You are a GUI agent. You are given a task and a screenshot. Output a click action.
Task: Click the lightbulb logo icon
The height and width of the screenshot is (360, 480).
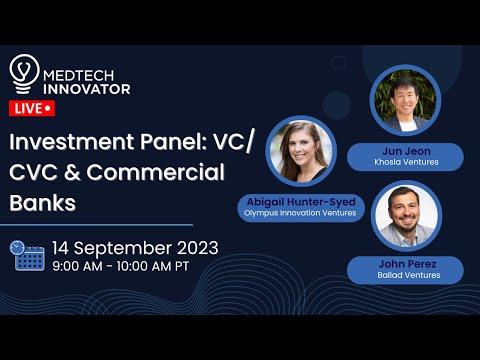pyautogui.click(x=24, y=74)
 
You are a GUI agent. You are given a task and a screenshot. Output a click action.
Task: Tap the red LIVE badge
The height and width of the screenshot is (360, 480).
pyautogui.click(x=32, y=108)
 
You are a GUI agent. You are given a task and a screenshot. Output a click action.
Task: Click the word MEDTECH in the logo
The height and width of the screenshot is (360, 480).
pyautogui.click(x=78, y=76)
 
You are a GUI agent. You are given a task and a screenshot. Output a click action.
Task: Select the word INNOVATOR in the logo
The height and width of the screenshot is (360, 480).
pyautogui.click(x=87, y=89)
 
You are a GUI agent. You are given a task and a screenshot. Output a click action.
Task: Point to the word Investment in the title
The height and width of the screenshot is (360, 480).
pyautogui.click(x=72, y=141)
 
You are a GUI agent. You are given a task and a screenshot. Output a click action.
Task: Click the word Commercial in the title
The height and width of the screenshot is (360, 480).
pyautogui.click(x=155, y=172)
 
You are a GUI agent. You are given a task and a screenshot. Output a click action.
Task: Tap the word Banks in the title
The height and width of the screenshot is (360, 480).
pyautogui.click(x=43, y=203)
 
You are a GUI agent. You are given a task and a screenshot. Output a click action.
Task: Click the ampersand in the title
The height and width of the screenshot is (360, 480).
pyautogui.click(x=72, y=172)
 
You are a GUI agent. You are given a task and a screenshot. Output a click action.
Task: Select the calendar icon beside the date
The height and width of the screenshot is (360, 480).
pyautogui.click(x=27, y=256)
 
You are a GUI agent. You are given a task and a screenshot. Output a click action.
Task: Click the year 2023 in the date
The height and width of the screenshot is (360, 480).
pyautogui.click(x=197, y=248)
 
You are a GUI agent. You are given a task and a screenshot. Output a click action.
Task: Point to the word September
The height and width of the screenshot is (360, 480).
pyautogui.click(x=122, y=249)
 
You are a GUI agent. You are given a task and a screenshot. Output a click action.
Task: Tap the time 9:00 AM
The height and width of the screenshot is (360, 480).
pyautogui.click(x=77, y=266)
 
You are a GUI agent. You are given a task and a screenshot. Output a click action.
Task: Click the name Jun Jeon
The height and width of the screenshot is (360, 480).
pyautogui.click(x=406, y=151)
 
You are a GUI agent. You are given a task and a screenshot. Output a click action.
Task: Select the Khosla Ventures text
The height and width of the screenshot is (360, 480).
pyautogui.click(x=406, y=162)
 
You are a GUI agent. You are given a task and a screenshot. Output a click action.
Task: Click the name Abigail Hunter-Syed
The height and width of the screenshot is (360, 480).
pyautogui.click(x=301, y=202)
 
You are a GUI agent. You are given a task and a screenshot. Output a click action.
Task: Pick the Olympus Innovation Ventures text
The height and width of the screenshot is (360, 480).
pyautogui.click(x=300, y=213)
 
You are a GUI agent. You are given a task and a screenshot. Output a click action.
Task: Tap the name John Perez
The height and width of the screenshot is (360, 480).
pyautogui.click(x=407, y=264)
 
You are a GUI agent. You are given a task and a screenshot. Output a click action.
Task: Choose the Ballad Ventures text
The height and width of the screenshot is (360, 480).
pyautogui.click(x=409, y=275)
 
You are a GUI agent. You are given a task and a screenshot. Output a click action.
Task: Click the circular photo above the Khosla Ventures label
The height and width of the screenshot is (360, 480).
pyautogui.click(x=405, y=100)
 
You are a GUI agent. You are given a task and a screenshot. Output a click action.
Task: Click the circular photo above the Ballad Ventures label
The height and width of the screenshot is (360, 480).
pyautogui.click(x=406, y=216)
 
